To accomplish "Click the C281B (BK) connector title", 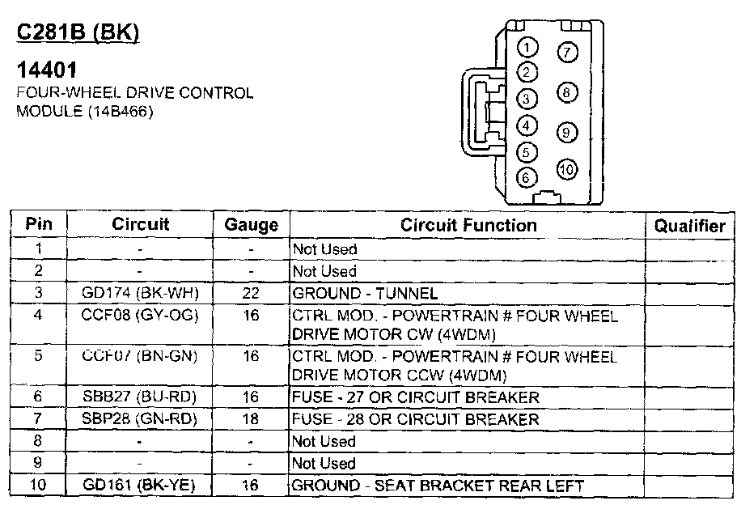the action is tap(78, 32).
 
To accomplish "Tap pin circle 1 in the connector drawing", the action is tap(527, 47).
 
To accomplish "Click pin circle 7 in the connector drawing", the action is tap(567, 52).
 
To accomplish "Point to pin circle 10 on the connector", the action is tap(566, 169).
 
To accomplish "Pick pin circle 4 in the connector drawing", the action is tap(527, 125).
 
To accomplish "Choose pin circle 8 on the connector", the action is tap(566, 92).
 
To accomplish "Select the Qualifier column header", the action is tap(690, 226).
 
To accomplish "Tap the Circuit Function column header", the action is tap(468, 226).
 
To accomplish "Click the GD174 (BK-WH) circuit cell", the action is tap(141, 293).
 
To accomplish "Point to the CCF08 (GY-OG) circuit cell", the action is tap(141, 315).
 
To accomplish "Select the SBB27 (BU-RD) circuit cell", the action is tap(141, 397).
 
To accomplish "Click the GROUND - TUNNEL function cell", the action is tap(365, 293).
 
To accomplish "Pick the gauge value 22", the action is tap(251, 293).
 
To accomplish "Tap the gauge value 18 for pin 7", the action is tap(251, 419).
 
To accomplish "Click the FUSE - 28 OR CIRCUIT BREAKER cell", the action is tap(415, 419).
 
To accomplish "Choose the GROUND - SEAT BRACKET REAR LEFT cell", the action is tap(438, 486).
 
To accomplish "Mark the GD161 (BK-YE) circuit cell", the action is tap(141, 486).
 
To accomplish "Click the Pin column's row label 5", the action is tap(38, 355).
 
